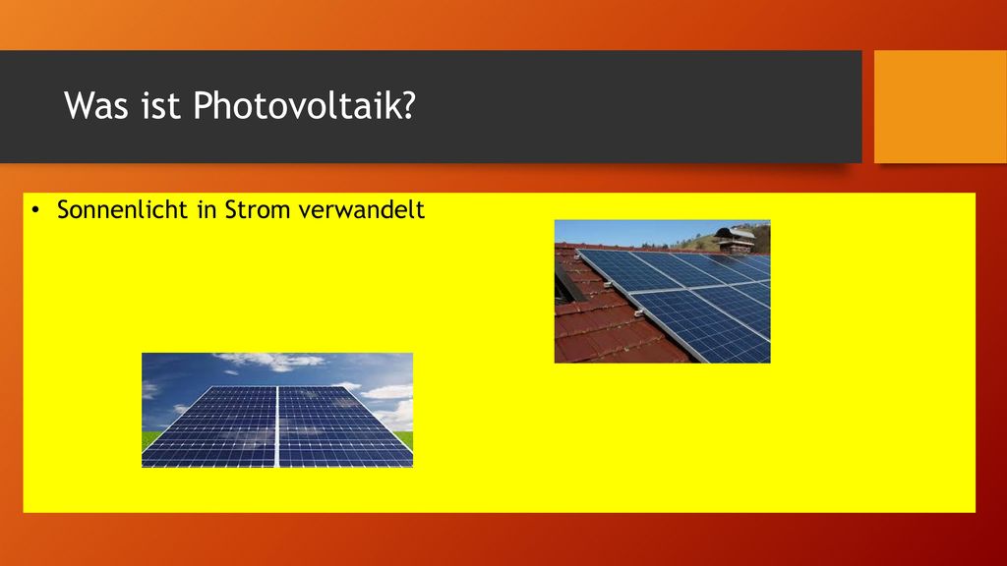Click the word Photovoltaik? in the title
pos(305,106)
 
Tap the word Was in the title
pos(96,105)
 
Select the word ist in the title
pos(160,105)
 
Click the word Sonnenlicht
pos(121,210)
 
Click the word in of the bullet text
pos(207,210)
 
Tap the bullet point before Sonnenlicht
pos(35,210)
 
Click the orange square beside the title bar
pos(940,106)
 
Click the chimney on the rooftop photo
pos(735,239)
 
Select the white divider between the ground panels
pos(276,426)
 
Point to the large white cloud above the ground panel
pos(275,361)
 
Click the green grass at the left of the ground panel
pos(149,439)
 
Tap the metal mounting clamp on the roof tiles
pos(637,313)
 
